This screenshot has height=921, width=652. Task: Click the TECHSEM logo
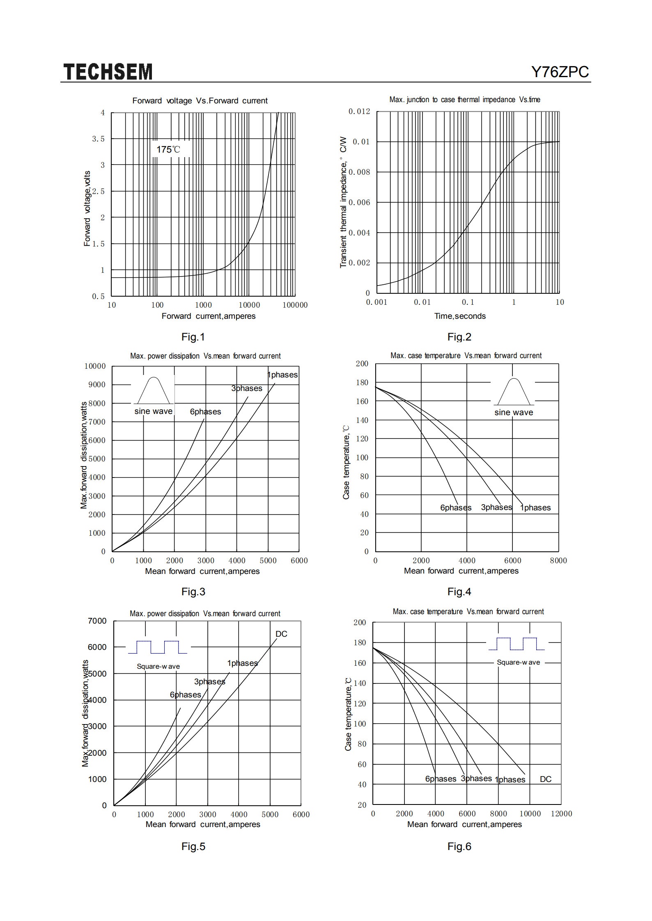point(108,72)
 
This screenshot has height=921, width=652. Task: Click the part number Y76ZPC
point(560,72)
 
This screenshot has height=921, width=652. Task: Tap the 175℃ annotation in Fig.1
point(168,149)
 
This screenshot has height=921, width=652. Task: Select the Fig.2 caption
point(459,337)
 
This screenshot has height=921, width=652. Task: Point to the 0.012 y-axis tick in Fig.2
point(359,112)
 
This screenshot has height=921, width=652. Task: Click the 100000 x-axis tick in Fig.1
point(295,305)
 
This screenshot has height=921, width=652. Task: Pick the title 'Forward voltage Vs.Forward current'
point(200,101)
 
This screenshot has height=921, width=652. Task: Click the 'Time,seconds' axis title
point(460,316)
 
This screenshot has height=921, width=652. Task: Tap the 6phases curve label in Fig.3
point(205,411)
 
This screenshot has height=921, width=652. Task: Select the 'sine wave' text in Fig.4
point(514,412)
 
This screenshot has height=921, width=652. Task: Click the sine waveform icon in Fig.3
point(154,390)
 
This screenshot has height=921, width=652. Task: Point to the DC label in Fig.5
point(281,634)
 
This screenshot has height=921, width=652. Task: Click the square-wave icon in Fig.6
point(517,644)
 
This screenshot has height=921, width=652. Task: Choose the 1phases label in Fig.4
point(535,507)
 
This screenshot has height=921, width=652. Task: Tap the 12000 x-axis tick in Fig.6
point(561,814)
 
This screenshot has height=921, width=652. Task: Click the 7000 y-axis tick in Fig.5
point(97,621)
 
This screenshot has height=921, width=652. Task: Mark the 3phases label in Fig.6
point(476,778)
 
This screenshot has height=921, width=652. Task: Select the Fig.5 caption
point(193,846)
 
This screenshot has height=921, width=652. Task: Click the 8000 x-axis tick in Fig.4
point(558,560)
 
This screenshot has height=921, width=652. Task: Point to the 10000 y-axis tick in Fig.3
point(95,366)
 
